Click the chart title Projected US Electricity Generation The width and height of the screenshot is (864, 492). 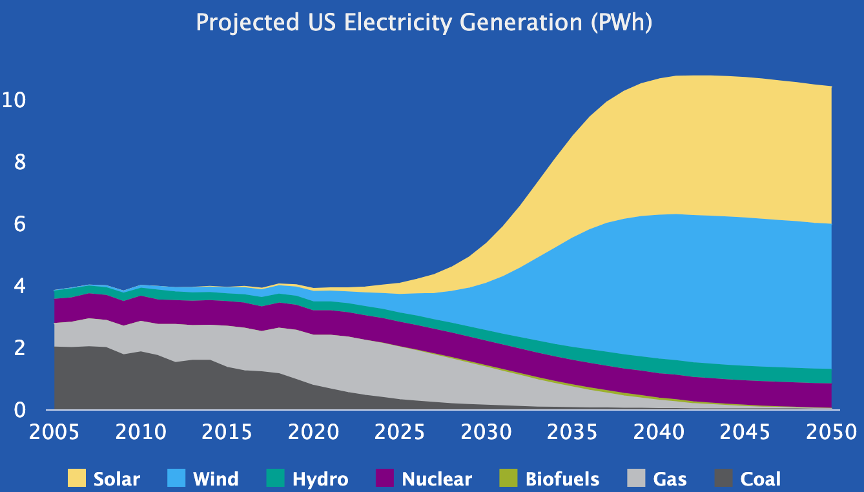point(424,23)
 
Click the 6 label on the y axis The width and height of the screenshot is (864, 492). point(20,224)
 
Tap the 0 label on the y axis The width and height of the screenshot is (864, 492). point(20,410)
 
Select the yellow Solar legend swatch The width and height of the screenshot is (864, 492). point(77,478)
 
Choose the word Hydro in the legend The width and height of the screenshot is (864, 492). point(320,479)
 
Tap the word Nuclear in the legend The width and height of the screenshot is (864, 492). point(437,479)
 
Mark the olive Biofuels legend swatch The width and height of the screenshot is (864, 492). point(508,478)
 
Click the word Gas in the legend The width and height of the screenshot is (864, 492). point(670,479)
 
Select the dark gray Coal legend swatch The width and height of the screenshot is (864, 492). point(723,478)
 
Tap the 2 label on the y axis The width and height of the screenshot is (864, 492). point(20,348)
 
